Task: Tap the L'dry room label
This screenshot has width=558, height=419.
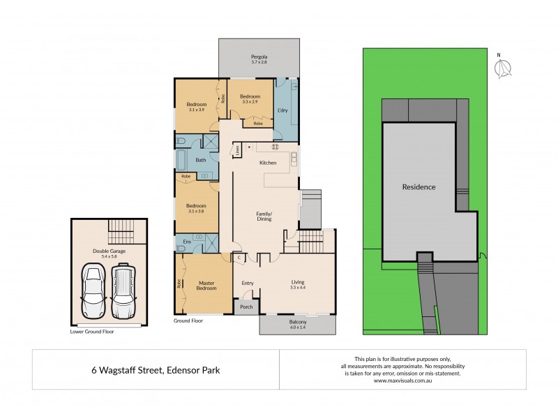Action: [283, 111]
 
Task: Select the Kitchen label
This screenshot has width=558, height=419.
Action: [268, 163]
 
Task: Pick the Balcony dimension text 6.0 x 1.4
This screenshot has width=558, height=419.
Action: [297, 327]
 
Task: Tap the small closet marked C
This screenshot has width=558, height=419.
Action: [239, 258]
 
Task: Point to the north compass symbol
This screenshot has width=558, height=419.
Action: [502, 68]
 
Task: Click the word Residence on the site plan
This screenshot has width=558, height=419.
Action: [418, 186]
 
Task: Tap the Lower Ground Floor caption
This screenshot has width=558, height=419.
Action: [92, 332]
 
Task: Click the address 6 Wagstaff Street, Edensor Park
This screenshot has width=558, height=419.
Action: [156, 370]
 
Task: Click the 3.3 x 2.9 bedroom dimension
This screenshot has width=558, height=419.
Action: [249, 102]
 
